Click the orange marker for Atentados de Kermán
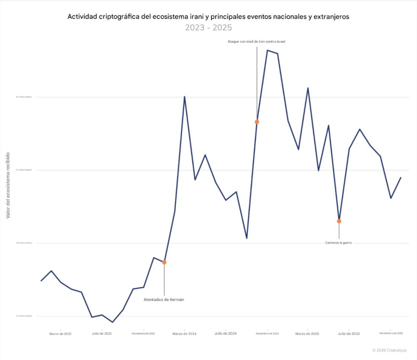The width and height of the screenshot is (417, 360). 164,262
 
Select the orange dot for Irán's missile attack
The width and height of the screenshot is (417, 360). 257,122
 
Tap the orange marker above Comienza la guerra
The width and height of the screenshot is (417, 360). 339,221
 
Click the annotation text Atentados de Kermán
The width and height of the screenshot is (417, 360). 164,300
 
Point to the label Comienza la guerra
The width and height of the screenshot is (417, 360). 338,243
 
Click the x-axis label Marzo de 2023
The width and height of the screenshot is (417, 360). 61,334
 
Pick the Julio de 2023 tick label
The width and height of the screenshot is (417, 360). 102,334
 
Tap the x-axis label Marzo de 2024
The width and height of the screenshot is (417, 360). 184,334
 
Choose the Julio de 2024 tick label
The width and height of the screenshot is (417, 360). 226,334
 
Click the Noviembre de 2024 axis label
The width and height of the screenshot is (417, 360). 267,334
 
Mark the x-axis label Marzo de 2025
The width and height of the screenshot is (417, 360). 308,334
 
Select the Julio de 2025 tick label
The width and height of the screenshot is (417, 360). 349,334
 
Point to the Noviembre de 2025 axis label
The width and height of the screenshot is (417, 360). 391,334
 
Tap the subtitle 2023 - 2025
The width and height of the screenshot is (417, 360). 208,28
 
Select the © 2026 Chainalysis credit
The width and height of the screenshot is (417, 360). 389,350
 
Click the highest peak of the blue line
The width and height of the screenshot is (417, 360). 267,50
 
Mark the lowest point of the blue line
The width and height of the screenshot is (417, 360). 112,322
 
